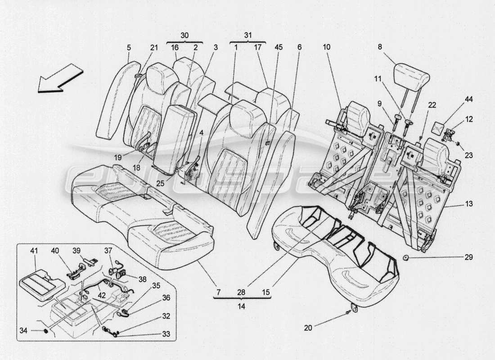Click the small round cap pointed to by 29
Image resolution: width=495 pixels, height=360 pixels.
tap(406, 257)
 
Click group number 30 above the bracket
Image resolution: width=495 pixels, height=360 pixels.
tap(185, 35)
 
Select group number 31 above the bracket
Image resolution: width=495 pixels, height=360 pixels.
tap(248, 35)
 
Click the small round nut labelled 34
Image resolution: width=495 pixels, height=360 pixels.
tap(46, 331)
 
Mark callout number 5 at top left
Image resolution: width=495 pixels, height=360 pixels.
tap(129, 47)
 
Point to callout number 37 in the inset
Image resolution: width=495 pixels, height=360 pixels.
tap(108, 251)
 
